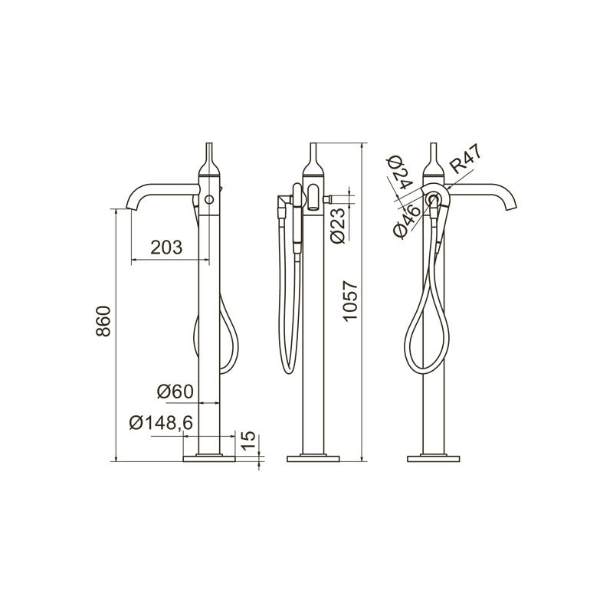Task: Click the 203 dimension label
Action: pos(166,247)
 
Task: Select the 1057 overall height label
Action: pos(349,301)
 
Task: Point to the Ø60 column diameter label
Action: pos(175,391)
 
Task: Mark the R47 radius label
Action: pos(466,163)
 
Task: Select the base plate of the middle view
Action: pos(313,459)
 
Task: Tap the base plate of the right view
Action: pos(434,459)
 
